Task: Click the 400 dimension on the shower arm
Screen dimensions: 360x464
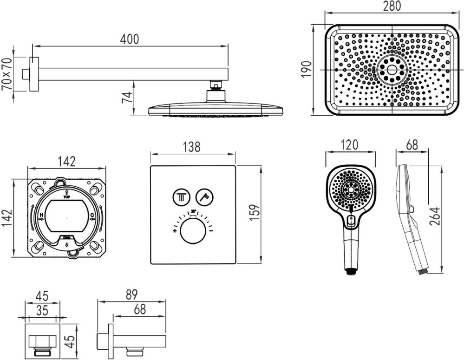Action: [129, 39]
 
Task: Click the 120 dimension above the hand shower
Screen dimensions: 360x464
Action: [349, 144]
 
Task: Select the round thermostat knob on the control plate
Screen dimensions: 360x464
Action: [192, 231]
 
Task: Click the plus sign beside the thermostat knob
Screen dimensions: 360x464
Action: [175, 230]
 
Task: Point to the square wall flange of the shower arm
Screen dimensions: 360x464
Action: [33, 74]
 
